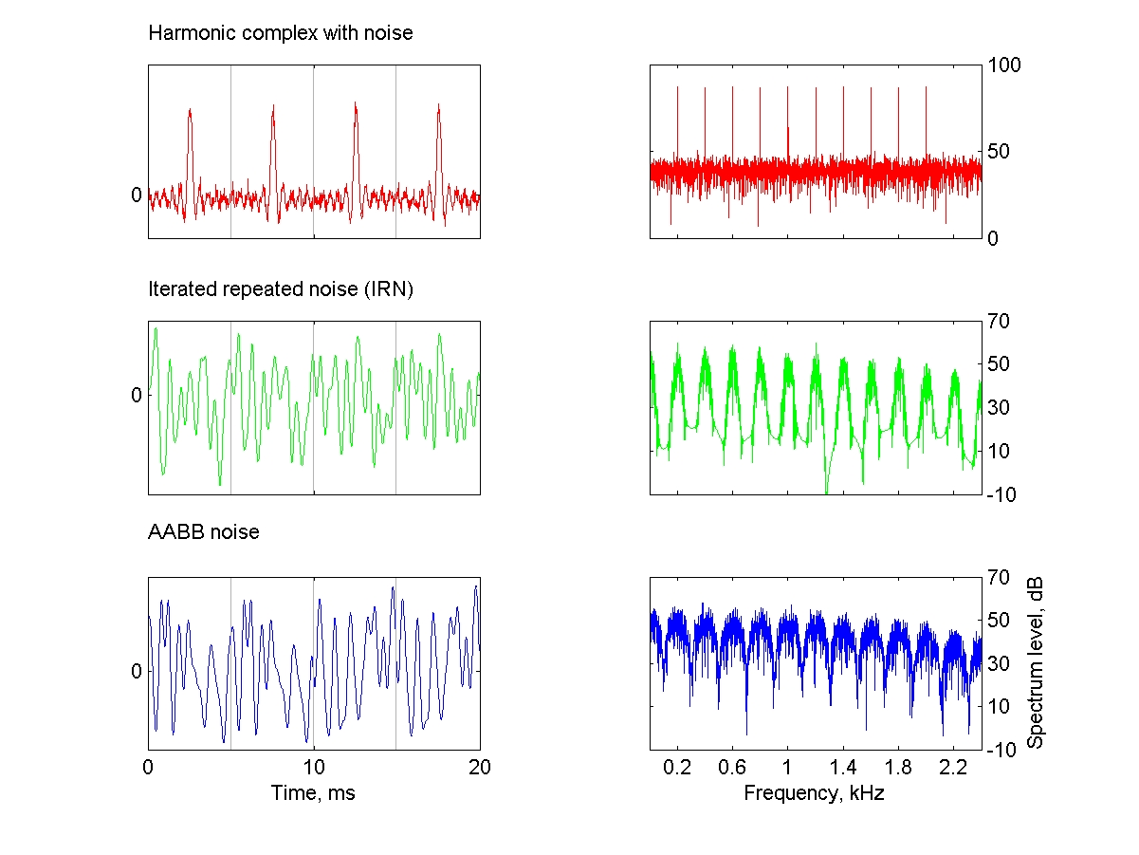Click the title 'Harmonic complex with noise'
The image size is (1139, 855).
coord(281,33)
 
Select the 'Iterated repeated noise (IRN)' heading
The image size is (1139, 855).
coord(281,289)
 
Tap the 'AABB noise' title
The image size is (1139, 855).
coord(204,532)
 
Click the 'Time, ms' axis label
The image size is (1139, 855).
coord(313,792)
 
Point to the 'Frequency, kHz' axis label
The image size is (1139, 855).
coord(815,792)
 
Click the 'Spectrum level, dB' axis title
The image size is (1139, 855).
coord(1036,662)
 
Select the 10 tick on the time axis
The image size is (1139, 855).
coord(313,767)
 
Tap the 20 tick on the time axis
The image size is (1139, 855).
coord(479,767)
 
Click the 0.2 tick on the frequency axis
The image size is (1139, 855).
coord(677,767)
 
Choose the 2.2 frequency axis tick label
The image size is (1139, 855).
coord(953,767)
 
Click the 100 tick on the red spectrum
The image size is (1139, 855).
coord(1004,65)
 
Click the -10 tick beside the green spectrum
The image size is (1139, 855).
coord(1001,494)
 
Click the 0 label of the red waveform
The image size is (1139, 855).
coord(136,195)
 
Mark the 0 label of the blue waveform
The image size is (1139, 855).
coord(136,671)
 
